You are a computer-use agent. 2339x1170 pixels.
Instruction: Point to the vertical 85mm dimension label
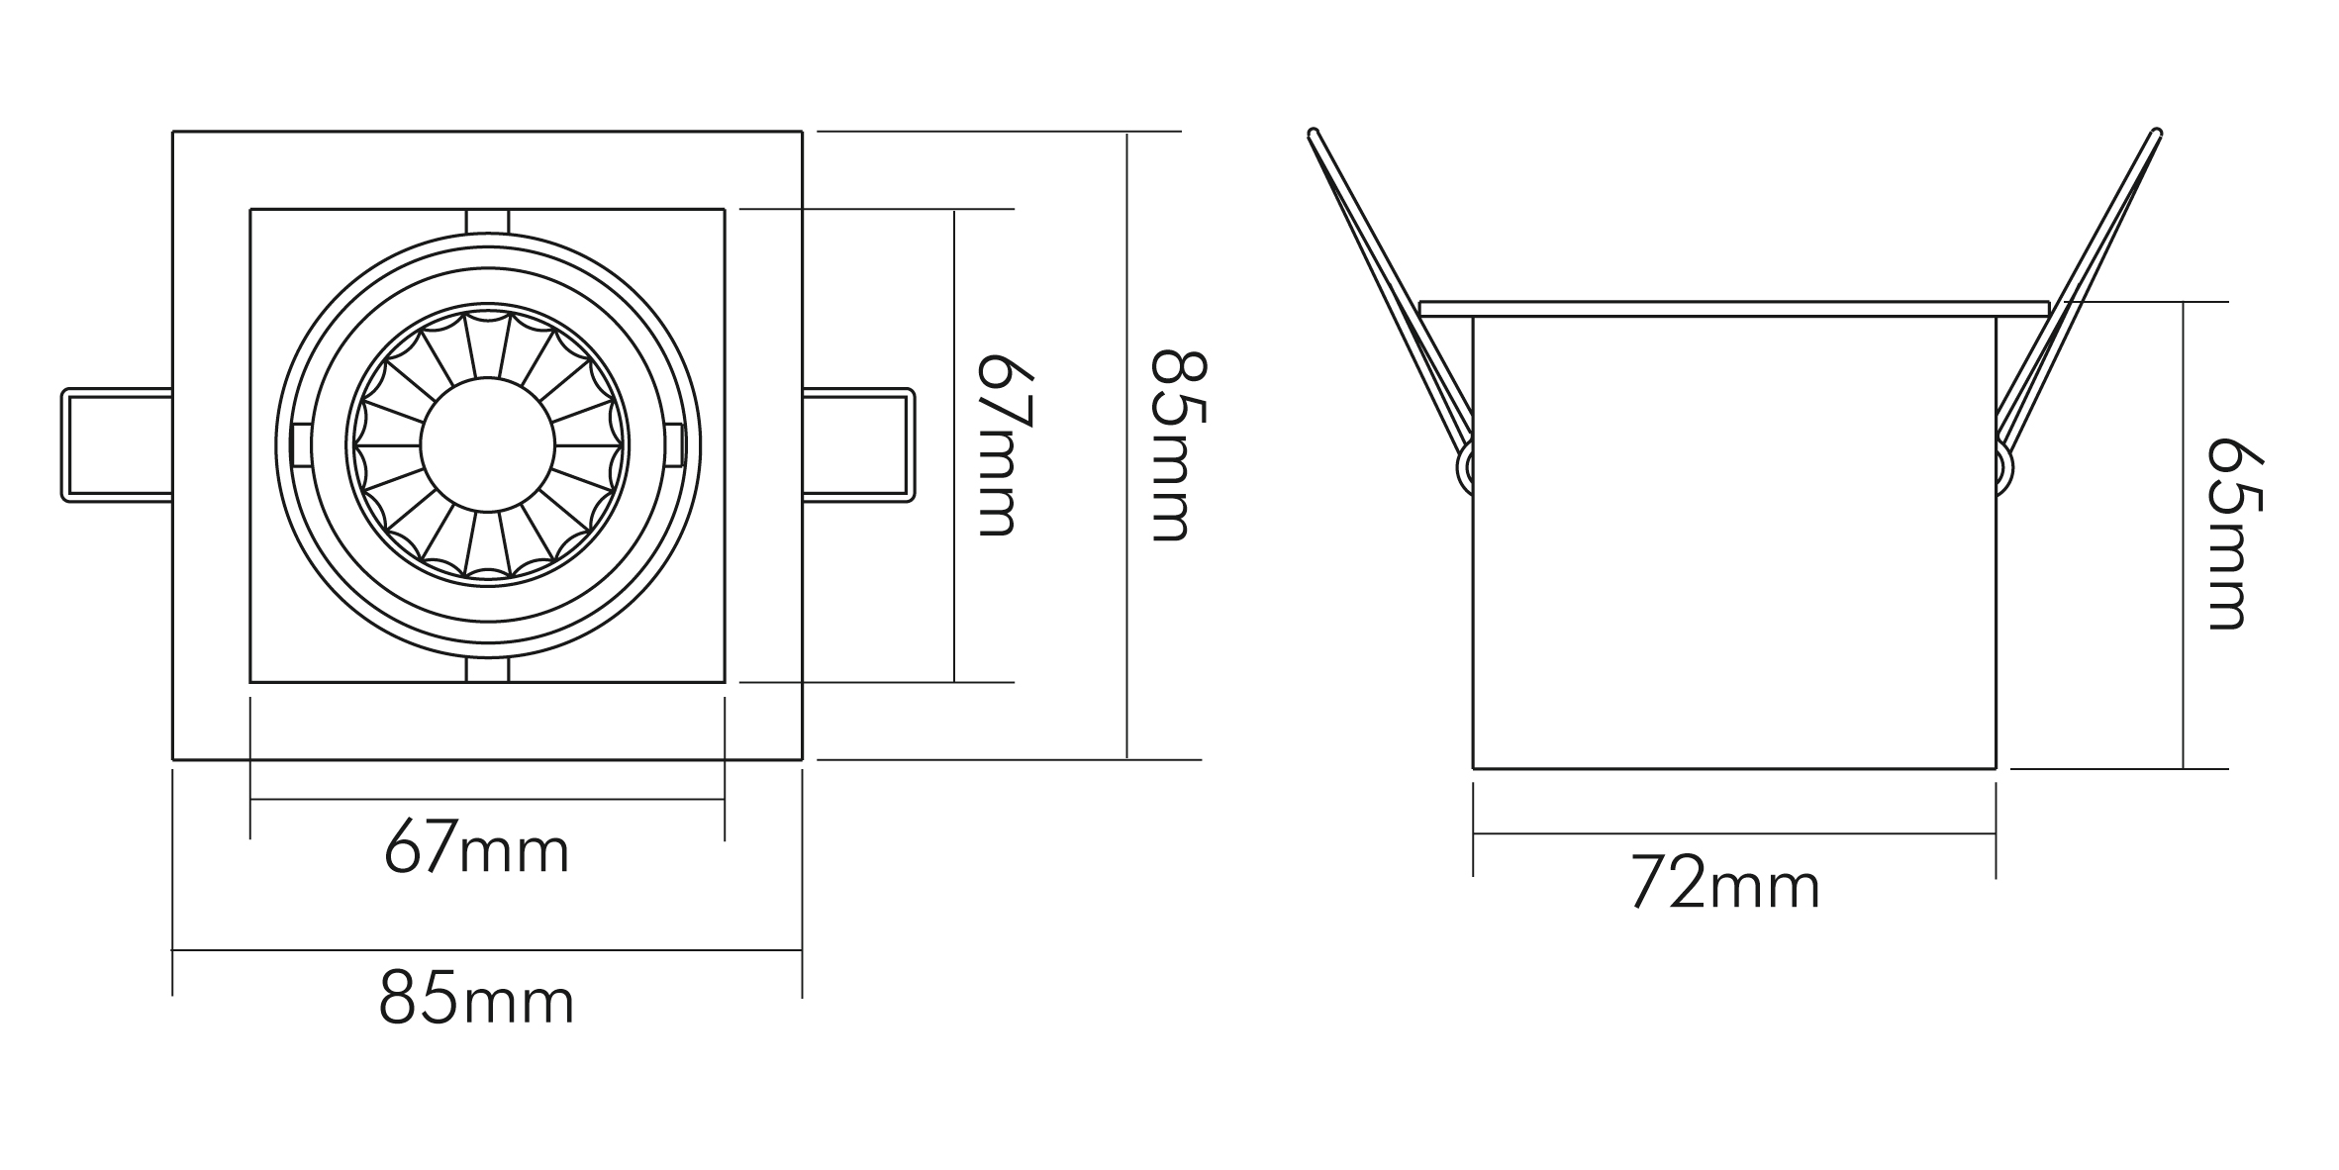click(x=1178, y=445)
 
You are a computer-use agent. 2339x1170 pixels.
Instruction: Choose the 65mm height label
click(x=2236, y=535)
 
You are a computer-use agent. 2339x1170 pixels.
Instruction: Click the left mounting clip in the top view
click(x=117, y=445)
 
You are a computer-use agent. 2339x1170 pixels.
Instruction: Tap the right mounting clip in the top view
click(x=858, y=445)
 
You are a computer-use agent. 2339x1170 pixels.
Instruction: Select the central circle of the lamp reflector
click(x=487, y=444)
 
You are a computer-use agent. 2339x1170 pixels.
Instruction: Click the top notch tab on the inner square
click(x=487, y=221)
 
